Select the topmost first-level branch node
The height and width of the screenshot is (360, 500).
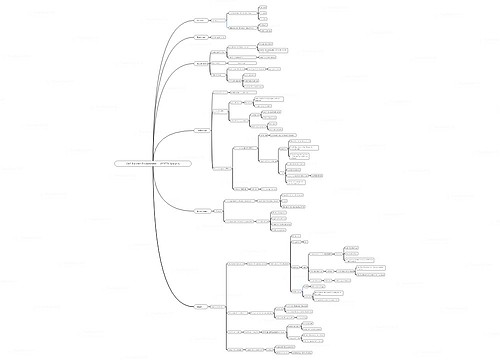point(201,19)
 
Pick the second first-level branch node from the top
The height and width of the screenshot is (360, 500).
point(201,37)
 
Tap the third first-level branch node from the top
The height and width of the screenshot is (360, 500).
point(201,64)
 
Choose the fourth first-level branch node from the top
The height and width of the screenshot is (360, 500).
point(201,130)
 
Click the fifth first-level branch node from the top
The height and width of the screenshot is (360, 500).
point(201,211)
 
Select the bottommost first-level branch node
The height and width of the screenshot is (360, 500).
point(201,306)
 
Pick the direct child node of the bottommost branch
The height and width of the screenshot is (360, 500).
point(218,306)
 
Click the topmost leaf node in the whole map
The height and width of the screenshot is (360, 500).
point(262,6)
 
